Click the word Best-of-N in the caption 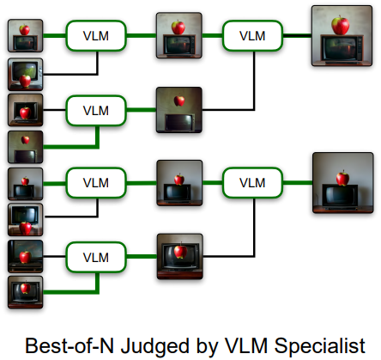70,345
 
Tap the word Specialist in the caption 319,345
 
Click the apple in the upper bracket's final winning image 340,25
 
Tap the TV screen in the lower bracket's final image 340,197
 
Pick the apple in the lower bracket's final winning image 342,178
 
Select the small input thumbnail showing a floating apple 26,147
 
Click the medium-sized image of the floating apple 179,110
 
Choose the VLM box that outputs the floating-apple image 96,111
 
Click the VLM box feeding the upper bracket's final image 252,36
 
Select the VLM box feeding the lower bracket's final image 252,183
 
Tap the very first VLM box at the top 96,36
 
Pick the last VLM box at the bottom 96,257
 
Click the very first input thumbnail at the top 26,36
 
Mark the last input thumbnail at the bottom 26,292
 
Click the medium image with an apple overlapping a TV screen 180,256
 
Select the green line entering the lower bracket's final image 298,183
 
